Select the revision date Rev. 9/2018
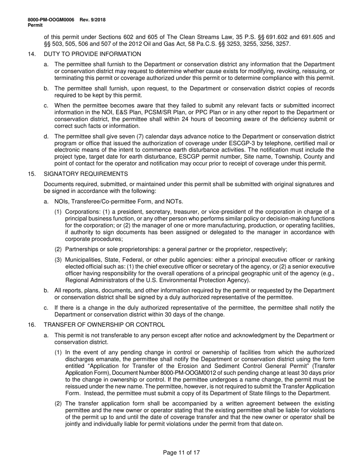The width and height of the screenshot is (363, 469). [x=93, y=20]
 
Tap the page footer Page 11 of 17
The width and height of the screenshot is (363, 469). [x=181, y=453]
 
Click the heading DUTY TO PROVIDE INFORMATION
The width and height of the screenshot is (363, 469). [x=92, y=54]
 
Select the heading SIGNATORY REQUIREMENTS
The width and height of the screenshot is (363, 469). [x=86, y=174]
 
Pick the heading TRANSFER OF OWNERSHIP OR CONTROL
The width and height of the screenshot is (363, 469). [x=104, y=325]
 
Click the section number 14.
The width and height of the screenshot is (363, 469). [x=32, y=54]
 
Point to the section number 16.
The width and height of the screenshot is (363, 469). [x=32, y=325]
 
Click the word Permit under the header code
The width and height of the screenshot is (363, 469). [x=35, y=25]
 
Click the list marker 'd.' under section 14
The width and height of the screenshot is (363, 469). [x=46, y=137]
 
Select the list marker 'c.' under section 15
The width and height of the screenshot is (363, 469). [x=46, y=308]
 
